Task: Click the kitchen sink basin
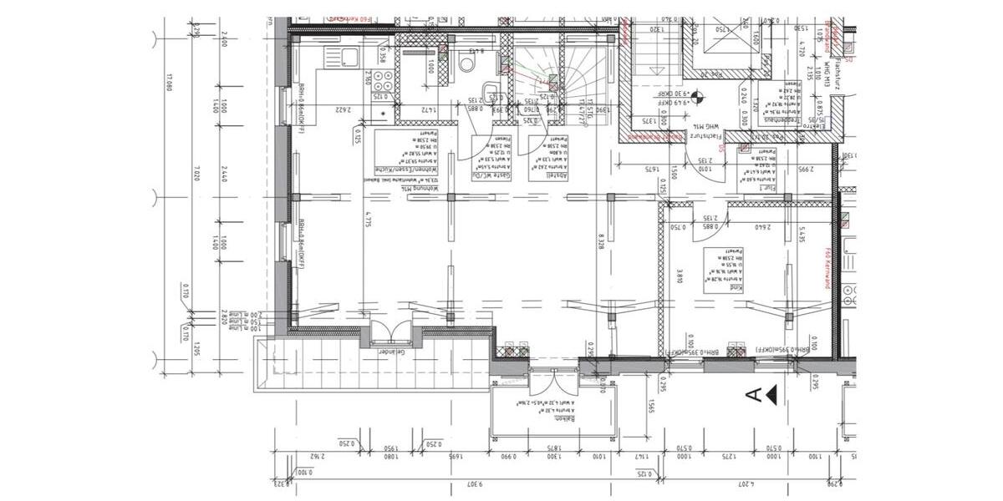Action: click(x=348, y=57)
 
